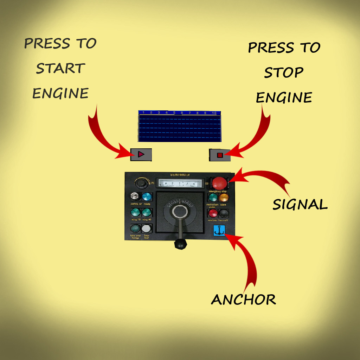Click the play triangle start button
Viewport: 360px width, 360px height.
coord(141,154)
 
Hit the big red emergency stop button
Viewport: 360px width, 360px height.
coord(219,183)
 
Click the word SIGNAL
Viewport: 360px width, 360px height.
coord(300,204)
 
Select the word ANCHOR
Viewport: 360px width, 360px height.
coord(243,300)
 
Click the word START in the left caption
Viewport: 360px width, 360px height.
coord(60,69)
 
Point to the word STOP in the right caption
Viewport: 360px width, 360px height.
coord(284,73)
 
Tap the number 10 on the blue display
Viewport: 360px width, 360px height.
coord(214,113)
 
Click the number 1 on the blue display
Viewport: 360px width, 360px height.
coord(143,113)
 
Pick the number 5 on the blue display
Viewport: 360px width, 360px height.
coord(174,113)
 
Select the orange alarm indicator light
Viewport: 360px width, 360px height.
coord(224,198)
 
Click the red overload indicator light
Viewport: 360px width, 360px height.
coord(213,213)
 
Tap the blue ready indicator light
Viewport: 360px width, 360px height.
coord(147,197)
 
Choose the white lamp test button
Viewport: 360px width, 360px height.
coord(146,229)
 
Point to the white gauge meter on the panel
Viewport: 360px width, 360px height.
coord(181,183)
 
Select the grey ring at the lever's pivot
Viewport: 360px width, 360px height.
coord(180,212)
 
